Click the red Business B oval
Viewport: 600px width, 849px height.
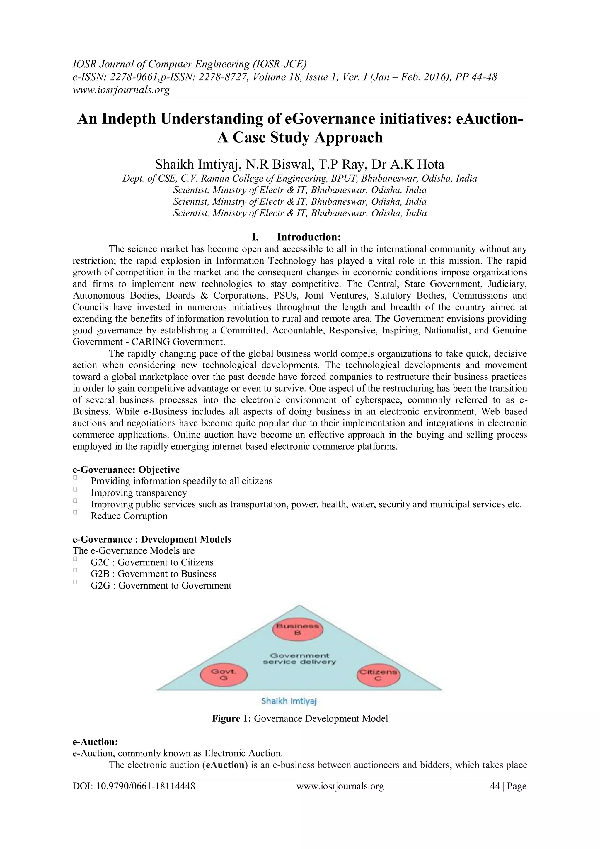pos(297,629)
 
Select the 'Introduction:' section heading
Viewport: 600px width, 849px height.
pos(308,237)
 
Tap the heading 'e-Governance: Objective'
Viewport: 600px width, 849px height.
pos(126,470)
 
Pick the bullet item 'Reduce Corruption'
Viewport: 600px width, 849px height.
pos(129,516)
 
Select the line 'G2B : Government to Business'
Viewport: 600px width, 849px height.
pos(153,574)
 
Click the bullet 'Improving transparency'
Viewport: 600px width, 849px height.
pos(139,493)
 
